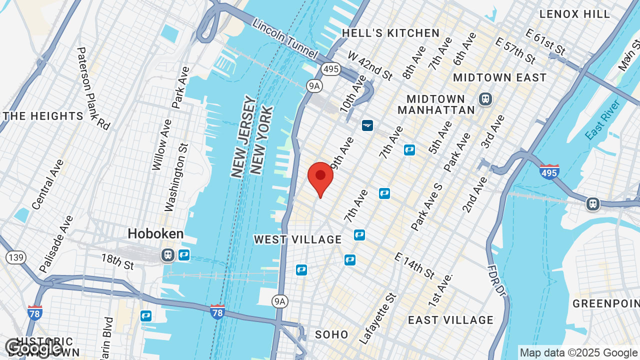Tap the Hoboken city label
155,233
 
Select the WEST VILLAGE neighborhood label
297,240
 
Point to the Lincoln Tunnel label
284,38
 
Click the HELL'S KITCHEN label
390,33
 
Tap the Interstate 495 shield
549,171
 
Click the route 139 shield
16,257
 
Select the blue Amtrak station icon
367,125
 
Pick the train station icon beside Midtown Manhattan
484,99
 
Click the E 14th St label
414,265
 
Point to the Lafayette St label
377,318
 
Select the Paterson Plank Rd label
93,88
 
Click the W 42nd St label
370,65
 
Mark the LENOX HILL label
575,14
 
